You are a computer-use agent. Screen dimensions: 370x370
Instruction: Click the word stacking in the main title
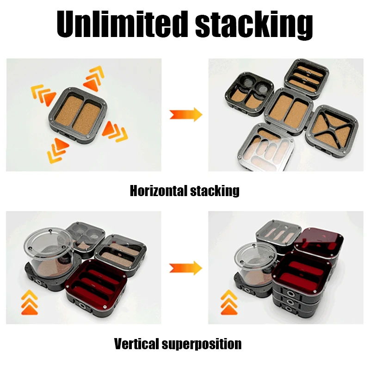click(x=254, y=25)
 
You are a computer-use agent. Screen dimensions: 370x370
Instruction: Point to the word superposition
click(x=202, y=345)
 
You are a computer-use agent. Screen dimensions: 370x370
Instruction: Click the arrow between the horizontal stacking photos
click(x=186, y=114)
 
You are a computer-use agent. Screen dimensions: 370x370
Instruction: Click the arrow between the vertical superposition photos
click(x=186, y=268)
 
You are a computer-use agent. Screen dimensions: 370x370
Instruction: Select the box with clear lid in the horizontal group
click(x=267, y=148)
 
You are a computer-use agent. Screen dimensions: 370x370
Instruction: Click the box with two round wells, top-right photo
click(x=249, y=94)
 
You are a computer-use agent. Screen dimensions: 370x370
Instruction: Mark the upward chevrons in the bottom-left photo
click(x=29, y=302)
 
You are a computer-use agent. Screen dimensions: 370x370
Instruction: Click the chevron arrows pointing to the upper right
click(x=94, y=78)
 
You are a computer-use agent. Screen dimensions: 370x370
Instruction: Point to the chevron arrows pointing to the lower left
click(x=57, y=151)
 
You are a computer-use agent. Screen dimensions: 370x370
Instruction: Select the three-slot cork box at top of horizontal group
click(x=307, y=78)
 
